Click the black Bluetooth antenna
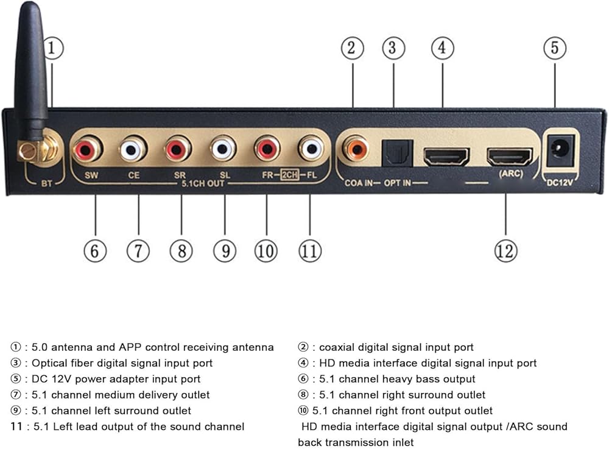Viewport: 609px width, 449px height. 30,73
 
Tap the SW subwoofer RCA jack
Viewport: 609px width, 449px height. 87,149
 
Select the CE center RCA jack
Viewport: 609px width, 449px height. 133,149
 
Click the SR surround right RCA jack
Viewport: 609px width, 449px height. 178,149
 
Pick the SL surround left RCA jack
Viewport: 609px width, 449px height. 224,149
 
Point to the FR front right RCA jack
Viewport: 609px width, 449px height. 267,149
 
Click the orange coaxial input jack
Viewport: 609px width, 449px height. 354,149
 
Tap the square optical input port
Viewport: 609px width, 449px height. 397,152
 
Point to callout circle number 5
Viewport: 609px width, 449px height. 554,48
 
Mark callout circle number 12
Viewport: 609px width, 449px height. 506,250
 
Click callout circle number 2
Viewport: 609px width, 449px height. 352,48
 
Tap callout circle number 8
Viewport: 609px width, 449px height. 181,250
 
